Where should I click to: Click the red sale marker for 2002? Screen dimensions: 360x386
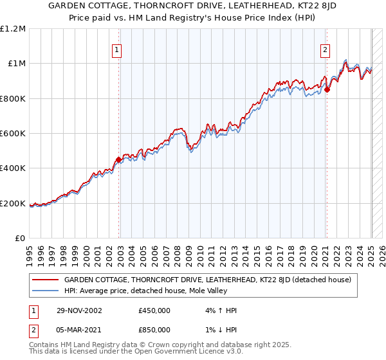pos(118,159)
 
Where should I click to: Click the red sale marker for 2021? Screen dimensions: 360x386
pos(327,89)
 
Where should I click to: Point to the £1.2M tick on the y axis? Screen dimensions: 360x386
pos(13,28)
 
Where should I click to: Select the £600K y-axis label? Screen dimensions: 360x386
pos(13,134)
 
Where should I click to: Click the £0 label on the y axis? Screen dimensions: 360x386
pos(20,239)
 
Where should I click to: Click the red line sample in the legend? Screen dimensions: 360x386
pos(46,280)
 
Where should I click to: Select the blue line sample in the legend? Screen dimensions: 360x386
pos(46,291)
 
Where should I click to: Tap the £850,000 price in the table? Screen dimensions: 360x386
pos(154,329)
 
